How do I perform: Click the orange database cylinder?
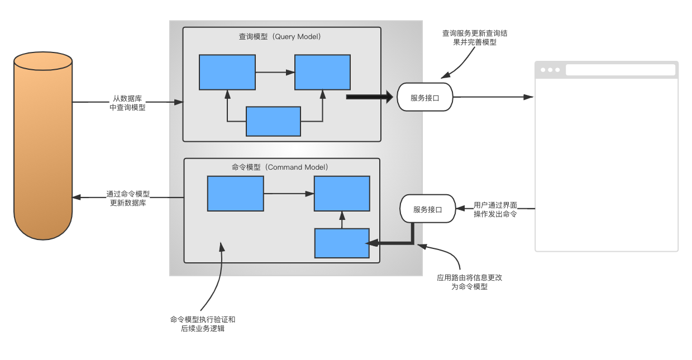click(x=43, y=146)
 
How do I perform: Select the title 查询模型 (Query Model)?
click(x=280, y=37)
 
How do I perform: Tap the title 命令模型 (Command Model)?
click(x=280, y=167)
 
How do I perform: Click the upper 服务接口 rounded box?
click(x=425, y=97)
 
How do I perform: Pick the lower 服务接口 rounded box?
click(x=428, y=209)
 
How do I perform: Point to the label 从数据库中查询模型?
click(x=127, y=103)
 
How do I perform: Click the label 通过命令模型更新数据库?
click(x=128, y=198)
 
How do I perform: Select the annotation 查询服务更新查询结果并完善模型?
click(x=475, y=37)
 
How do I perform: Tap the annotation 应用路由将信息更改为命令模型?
click(x=469, y=282)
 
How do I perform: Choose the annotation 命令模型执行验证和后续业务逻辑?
click(x=203, y=324)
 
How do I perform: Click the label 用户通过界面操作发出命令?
click(x=495, y=209)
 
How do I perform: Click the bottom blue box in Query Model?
click(x=274, y=121)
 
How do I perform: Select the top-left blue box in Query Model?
click(x=227, y=72)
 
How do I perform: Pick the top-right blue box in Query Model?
click(x=322, y=72)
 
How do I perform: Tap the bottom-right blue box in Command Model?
click(x=342, y=243)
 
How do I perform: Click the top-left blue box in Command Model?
click(x=235, y=194)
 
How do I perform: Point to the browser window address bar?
click(x=621, y=70)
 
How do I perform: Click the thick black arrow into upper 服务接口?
click(x=370, y=97)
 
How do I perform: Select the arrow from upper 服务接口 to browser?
click(x=493, y=97)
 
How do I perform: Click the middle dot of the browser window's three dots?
click(x=550, y=70)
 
